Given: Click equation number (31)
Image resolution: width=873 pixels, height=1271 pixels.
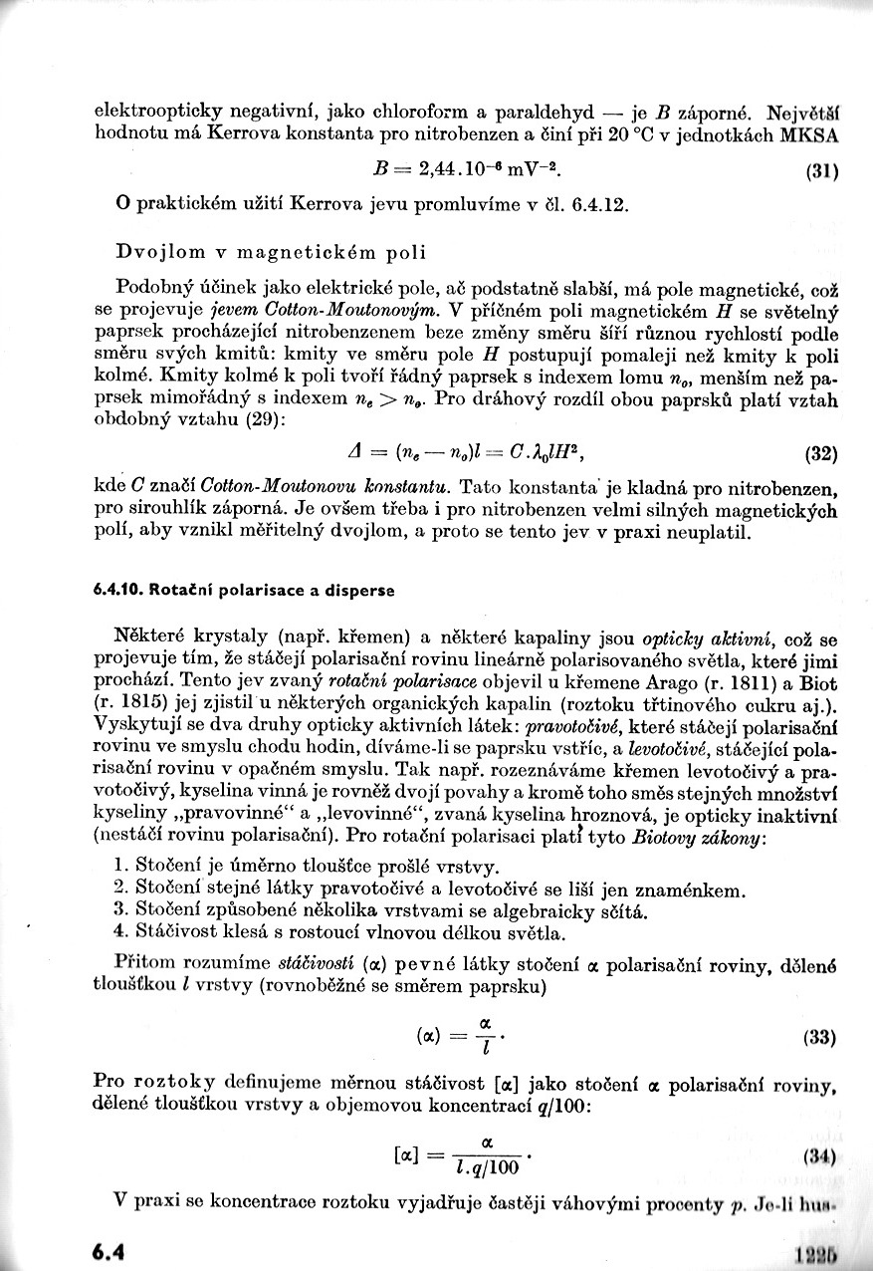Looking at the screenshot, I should pos(820,170).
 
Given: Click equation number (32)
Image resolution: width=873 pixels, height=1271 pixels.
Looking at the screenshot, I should pos(820,454).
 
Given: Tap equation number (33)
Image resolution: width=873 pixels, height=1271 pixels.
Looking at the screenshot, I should pos(819,1036).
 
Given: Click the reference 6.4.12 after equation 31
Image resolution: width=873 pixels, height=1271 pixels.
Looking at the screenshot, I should pos(600,206).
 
